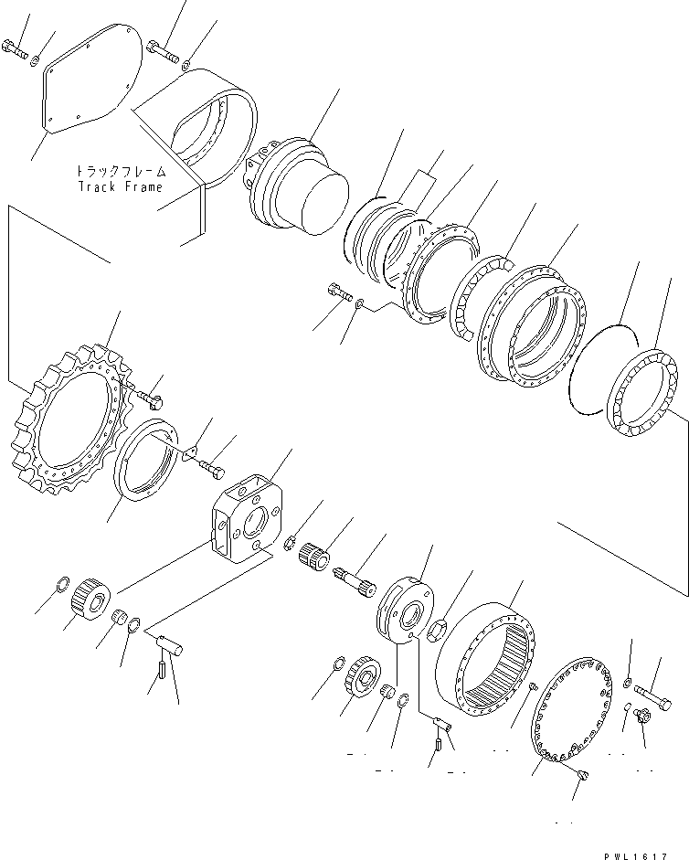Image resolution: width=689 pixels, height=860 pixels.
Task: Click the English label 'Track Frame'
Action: (x=119, y=186)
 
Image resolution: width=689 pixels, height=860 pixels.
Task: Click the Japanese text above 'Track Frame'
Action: (x=120, y=171)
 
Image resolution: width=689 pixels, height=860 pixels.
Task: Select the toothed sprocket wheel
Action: (x=73, y=420)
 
